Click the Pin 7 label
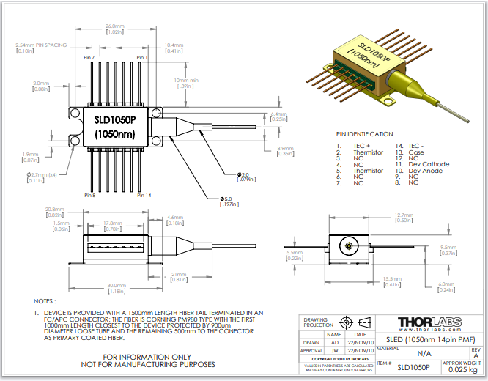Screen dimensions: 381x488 click(89, 57)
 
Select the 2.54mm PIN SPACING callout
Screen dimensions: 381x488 click(41, 45)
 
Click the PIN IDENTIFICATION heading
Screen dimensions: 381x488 click(364, 136)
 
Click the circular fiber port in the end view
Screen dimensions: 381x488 click(350, 246)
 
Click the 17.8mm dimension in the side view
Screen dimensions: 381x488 click(113, 223)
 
